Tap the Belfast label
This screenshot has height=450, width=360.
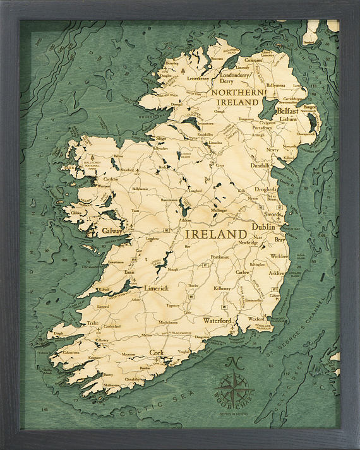pyautogui.click(x=287, y=109)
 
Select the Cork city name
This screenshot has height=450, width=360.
pyautogui.click(x=157, y=353)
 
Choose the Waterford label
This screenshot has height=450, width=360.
pyautogui.click(x=217, y=320)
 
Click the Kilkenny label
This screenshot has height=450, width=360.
pyautogui.click(x=222, y=288)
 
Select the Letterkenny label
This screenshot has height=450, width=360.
pyautogui.click(x=198, y=79)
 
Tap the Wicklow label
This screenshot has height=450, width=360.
pyautogui.click(x=279, y=257)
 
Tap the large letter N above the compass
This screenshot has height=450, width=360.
pyautogui.click(x=233, y=362)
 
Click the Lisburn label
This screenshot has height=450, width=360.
pyautogui.click(x=288, y=119)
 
